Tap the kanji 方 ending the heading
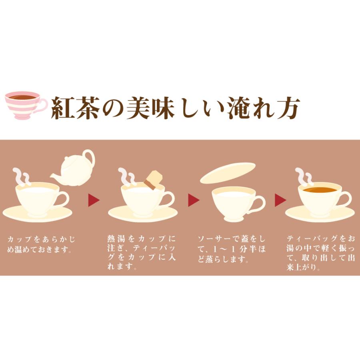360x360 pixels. point(288,108)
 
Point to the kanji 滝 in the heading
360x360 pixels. point(239,108)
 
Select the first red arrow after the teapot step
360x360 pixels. point(94,200)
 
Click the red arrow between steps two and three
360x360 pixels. point(194,200)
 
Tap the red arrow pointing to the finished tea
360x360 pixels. point(280,200)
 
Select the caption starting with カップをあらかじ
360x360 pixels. point(41,244)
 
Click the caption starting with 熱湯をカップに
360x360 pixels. point(142,252)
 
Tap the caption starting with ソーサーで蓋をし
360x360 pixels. point(232,249)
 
